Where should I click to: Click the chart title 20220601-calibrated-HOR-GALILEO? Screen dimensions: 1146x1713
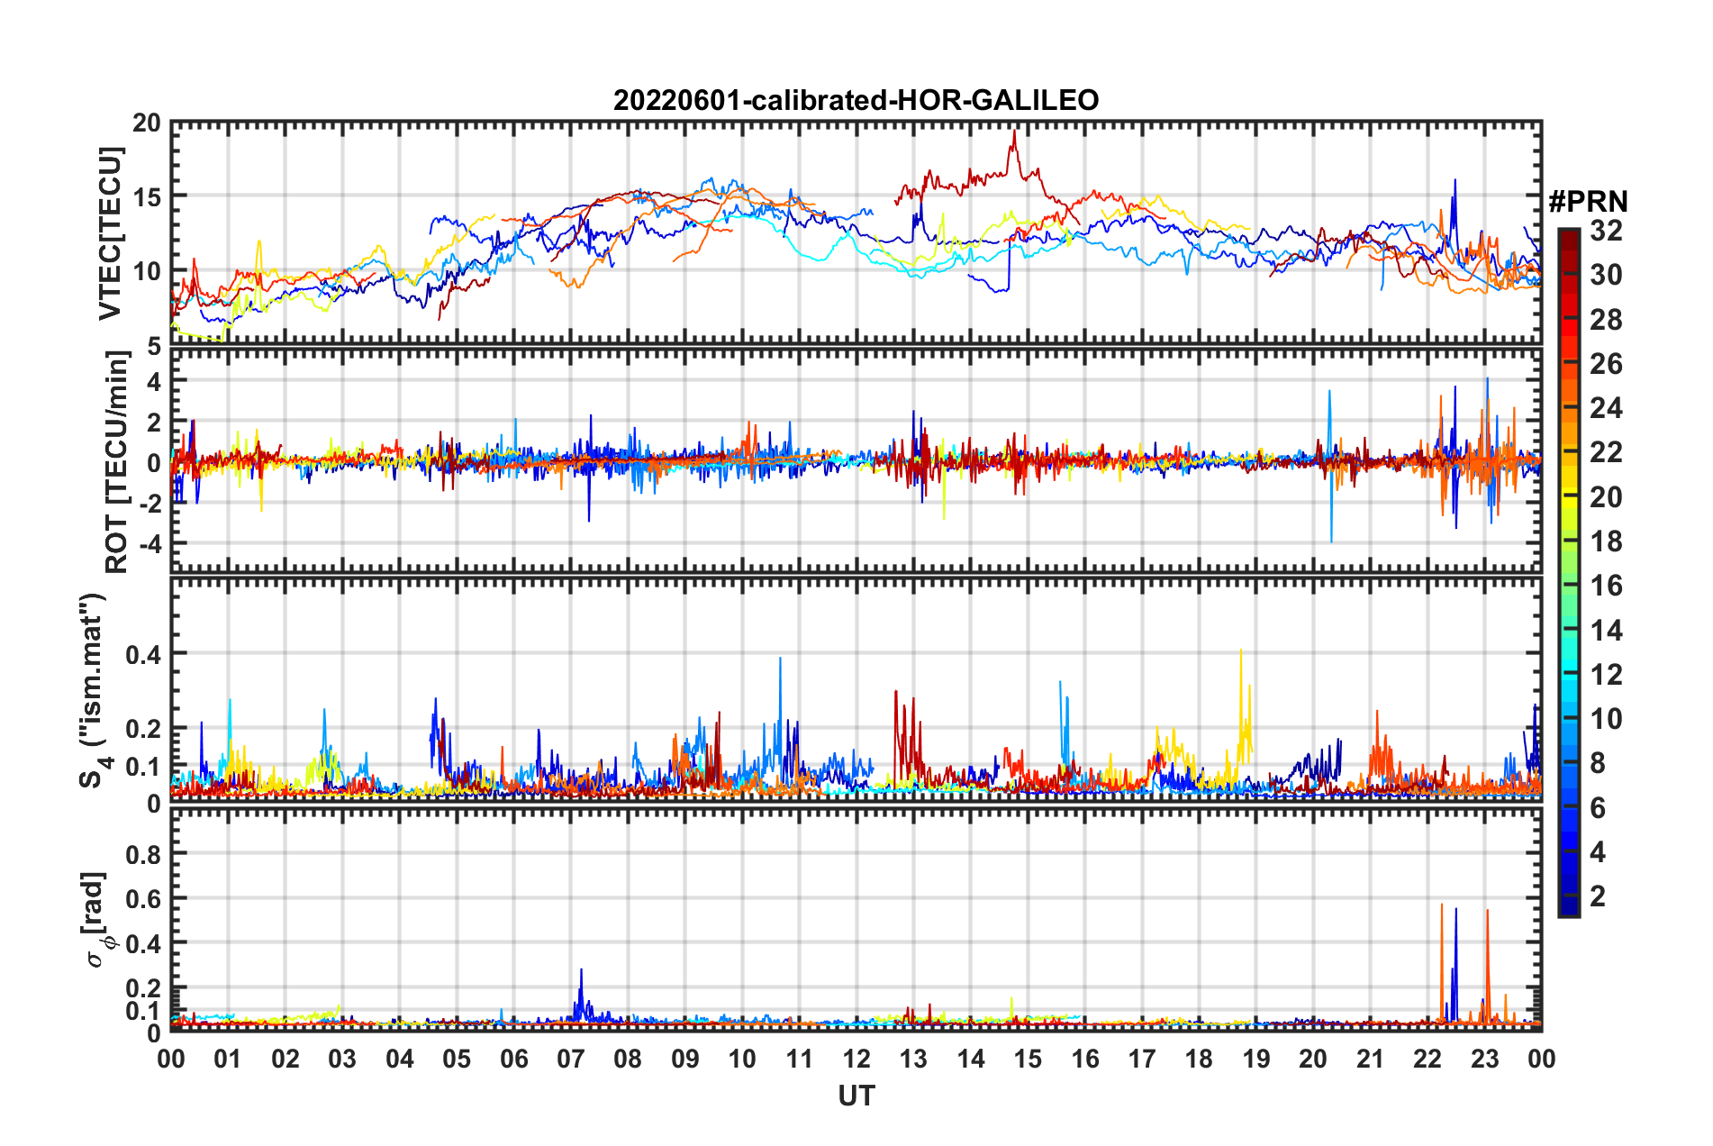(856, 100)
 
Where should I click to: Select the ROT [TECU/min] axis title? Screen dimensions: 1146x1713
(117, 462)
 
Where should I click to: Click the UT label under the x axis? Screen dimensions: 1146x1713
(856, 1096)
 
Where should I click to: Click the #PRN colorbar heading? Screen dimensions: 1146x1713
(1587, 202)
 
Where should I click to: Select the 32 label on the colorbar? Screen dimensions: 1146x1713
(1605, 231)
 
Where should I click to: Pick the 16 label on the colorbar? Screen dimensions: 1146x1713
(1605, 586)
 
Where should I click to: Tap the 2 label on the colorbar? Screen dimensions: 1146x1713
(1599, 896)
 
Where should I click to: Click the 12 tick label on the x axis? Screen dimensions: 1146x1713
(856, 1059)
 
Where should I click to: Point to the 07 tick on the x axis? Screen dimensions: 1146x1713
(571, 1059)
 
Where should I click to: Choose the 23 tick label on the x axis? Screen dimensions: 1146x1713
(1484, 1059)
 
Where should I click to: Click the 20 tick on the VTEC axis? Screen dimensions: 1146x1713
(147, 123)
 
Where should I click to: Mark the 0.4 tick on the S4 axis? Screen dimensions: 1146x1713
(143, 654)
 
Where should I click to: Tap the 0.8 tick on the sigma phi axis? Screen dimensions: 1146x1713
(143, 854)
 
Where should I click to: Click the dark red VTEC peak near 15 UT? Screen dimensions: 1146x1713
(1015, 132)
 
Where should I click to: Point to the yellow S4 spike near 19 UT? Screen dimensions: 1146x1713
(1241, 650)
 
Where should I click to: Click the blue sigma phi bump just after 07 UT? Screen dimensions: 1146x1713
(581, 971)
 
